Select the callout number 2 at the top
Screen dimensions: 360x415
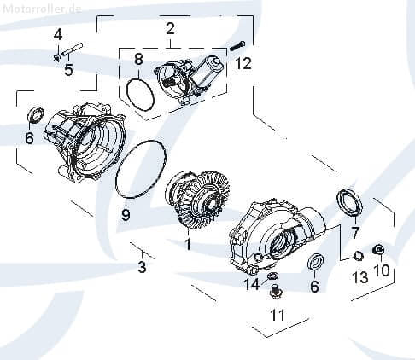[x=170, y=29]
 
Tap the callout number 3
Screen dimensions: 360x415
[x=143, y=268]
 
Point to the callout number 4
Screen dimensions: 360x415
[x=58, y=34]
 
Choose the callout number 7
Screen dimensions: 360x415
[x=356, y=231]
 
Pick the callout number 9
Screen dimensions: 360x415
[x=126, y=215]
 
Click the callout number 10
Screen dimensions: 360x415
[x=381, y=270]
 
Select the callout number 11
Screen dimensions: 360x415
[x=275, y=314]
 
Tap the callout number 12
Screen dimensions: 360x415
[x=244, y=63]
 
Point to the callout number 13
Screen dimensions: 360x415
[x=359, y=277]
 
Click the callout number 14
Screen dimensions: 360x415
[x=252, y=283]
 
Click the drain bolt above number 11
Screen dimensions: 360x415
[x=275, y=293]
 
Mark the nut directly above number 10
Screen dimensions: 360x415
[x=381, y=249]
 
